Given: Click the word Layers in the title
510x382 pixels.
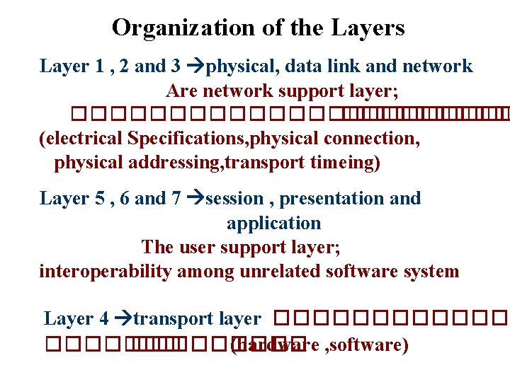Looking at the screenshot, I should pyautogui.click(x=369, y=28).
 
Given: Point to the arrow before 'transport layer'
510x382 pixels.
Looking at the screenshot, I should pyautogui.click(x=123, y=319).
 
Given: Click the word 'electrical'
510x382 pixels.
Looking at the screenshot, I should pyautogui.click(x=83, y=139).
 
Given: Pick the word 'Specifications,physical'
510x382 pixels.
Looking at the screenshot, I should pyautogui.click(x=227, y=139).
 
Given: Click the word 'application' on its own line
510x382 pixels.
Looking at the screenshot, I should pyautogui.click(x=273, y=224).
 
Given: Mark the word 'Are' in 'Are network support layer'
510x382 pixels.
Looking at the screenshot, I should pyautogui.click(x=181, y=91).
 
